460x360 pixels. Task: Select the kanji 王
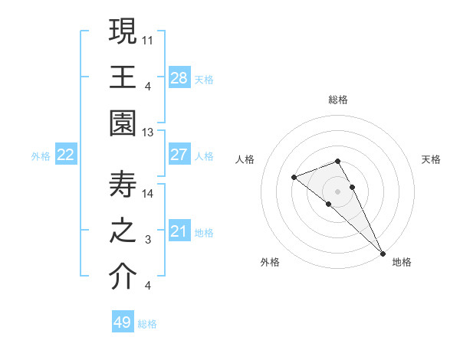123,76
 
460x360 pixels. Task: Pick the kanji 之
123,231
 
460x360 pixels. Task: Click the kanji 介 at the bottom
123,277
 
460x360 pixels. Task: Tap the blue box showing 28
179,77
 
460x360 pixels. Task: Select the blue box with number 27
179,155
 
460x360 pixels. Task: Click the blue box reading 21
179,231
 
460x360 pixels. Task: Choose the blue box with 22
66,155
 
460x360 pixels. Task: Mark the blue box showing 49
123,322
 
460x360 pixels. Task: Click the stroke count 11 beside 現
148,38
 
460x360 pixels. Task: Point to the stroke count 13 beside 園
148,133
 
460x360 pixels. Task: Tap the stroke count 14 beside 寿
148,193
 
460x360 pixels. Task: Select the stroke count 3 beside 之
148,240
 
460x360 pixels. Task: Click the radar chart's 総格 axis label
338,100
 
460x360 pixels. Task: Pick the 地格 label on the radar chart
402,262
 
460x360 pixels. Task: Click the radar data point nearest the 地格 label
382,252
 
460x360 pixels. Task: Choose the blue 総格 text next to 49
147,324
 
